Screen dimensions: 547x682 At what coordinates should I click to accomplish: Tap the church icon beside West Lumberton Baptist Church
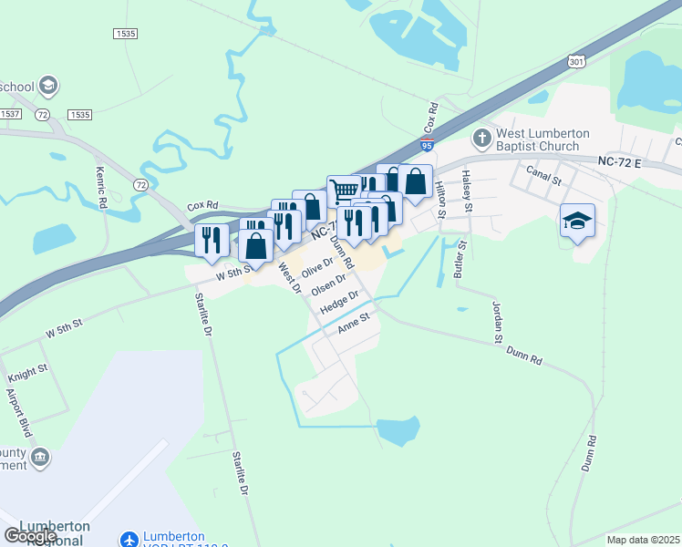pos(482,139)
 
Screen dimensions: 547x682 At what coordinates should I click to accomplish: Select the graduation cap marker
pos(577,221)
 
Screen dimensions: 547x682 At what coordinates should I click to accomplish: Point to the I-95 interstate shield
pos(428,144)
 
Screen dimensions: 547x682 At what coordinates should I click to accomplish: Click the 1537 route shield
pos(10,114)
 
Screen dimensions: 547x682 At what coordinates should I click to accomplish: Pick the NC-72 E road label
pos(621,161)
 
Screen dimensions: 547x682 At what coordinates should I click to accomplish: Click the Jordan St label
pos(498,323)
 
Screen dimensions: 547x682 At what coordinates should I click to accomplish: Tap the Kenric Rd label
pos(99,187)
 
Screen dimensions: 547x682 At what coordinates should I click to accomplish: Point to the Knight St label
pos(27,376)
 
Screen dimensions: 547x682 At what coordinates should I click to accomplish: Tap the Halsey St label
pos(467,191)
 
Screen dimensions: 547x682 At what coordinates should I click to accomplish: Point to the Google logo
pos(30,537)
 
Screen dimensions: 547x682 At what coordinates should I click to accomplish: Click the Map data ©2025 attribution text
pos(643,540)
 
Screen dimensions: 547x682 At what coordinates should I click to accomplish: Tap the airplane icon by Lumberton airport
pos(129,540)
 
